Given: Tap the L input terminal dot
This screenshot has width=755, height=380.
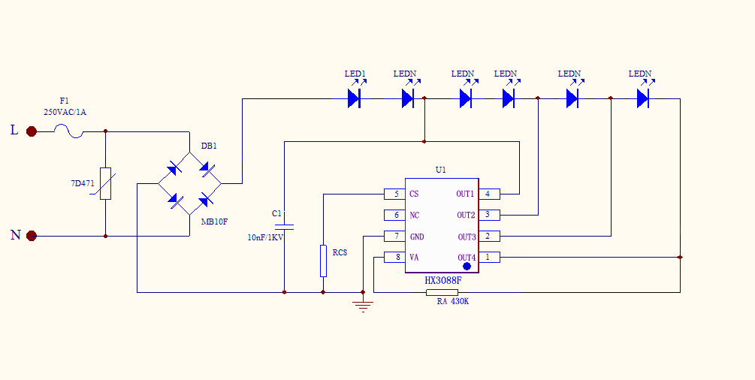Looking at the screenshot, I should [32, 131].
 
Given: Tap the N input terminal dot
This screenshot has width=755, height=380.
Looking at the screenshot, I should [32, 236].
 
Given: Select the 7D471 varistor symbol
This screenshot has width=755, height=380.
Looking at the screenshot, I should [105, 183].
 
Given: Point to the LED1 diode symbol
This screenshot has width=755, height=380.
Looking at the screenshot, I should [355, 98].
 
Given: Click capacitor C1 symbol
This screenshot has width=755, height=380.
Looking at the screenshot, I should [284, 225].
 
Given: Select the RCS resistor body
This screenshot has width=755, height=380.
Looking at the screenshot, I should [323, 260].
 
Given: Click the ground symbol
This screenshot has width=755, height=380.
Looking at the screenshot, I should [363, 305].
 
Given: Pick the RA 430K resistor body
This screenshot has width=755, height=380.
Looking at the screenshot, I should [442, 291].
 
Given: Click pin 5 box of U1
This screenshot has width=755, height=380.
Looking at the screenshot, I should [395, 194].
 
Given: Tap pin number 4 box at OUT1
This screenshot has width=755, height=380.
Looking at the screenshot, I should [488, 194].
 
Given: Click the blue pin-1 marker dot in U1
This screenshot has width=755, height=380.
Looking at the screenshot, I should [467, 267].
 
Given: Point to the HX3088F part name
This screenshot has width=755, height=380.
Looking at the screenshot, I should [442, 281].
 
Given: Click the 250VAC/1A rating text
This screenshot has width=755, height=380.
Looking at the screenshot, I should [65, 112].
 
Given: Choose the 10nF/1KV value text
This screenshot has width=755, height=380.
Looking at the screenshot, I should [265, 237].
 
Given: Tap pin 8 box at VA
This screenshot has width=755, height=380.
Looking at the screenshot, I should [395, 258].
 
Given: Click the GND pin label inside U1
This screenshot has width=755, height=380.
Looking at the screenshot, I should [417, 237].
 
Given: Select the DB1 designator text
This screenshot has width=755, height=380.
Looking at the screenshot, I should [209, 146].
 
